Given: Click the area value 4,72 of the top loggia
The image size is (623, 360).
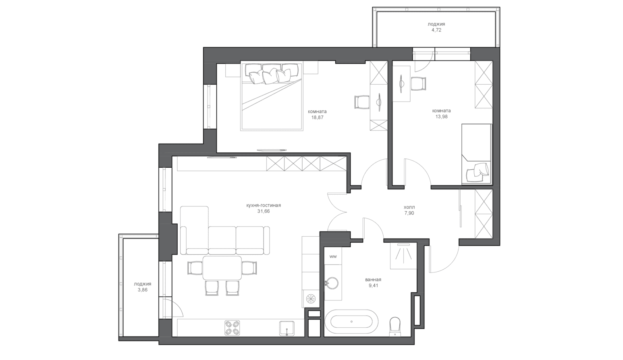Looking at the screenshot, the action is pyautogui.click(x=436, y=30).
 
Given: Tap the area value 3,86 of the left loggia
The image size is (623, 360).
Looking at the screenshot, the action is pyautogui.click(x=142, y=290).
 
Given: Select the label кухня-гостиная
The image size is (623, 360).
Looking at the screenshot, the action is pyautogui.click(x=264, y=205).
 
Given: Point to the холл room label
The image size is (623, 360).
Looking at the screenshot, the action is pyautogui.click(x=409, y=207).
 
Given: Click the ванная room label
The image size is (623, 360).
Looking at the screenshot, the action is pyautogui.click(x=373, y=280).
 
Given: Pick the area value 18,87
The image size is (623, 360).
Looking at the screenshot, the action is pyautogui.click(x=317, y=117).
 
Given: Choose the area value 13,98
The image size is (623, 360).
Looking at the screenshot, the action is pyautogui.click(x=441, y=117).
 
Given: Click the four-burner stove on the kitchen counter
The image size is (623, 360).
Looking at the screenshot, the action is pyautogui.click(x=232, y=328).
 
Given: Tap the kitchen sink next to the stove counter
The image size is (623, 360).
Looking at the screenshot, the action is pyautogui.click(x=287, y=329).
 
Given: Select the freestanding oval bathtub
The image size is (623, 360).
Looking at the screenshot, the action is pyautogui.click(x=351, y=322).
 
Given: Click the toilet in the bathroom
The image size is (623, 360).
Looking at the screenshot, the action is pyautogui.click(x=395, y=326).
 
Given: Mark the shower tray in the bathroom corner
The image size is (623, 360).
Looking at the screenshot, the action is pyautogui.click(x=403, y=256).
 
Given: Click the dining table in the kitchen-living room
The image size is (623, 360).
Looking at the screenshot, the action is pyautogui.click(x=222, y=268).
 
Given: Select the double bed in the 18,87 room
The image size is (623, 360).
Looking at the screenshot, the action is pyautogui.click(x=272, y=96).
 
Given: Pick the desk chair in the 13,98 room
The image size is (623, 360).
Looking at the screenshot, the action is pyautogui.click(x=419, y=83).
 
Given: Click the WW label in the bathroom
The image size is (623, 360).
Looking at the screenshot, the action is pyautogui.click(x=333, y=256).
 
